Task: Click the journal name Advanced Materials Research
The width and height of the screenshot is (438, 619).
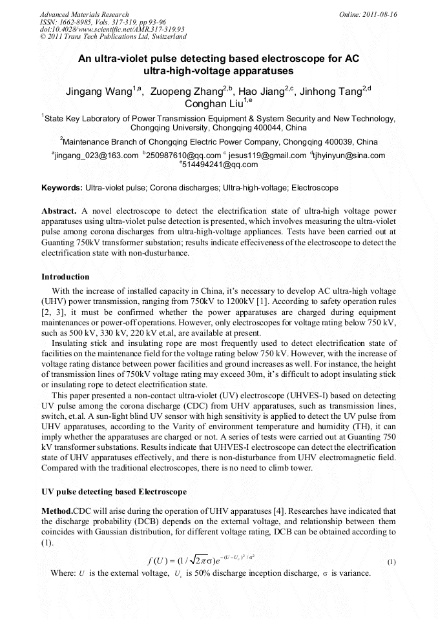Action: coord(85,14)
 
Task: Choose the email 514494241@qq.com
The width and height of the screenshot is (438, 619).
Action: coord(220,165)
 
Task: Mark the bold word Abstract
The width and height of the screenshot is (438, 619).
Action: coord(59,212)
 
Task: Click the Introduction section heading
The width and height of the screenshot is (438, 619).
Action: coord(65,277)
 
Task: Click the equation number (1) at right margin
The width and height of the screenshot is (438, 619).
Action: coord(391,562)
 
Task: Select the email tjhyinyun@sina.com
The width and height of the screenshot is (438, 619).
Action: coord(349,156)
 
